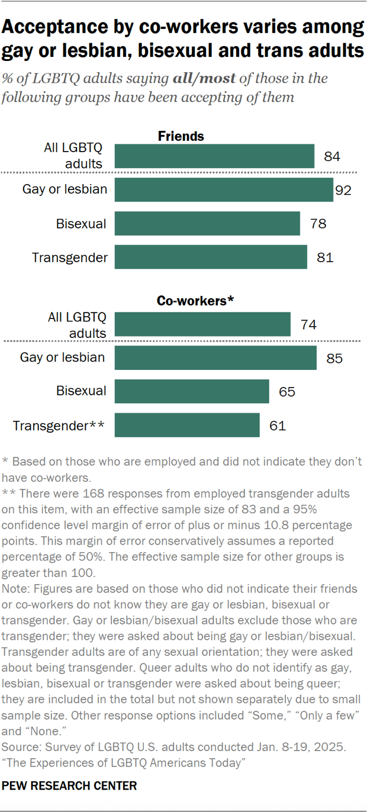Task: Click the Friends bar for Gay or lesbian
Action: [224, 190]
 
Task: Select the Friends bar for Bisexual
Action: [207, 224]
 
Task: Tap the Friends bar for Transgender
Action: [211, 257]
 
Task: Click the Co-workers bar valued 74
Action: [202, 324]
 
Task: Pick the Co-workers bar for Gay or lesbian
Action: [215, 358]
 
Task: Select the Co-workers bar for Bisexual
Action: [192, 391]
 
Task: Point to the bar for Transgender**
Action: [187, 425]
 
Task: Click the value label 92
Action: [343, 191]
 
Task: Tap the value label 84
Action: [333, 157]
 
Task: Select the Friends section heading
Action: [181, 136]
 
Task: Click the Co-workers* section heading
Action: [195, 301]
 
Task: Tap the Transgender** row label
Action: [59, 425]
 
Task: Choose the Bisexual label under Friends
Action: [81, 224]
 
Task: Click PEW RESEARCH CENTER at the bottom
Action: [70, 786]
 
